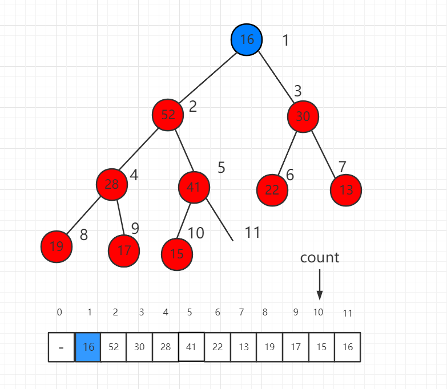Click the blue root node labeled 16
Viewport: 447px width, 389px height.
pyautogui.click(x=247, y=40)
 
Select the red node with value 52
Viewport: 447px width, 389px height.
pyautogui.click(x=168, y=115)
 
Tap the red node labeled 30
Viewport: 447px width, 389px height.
pyautogui.click(x=303, y=116)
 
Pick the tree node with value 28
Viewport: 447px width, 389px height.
pyautogui.click(x=112, y=184)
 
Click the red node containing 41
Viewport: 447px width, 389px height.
pyautogui.click(x=194, y=187)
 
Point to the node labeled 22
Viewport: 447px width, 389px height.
pyautogui.click(x=272, y=190)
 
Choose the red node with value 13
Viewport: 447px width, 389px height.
pyautogui.click(x=346, y=190)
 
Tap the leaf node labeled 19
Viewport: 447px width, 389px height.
pyautogui.click(x=57, y=247)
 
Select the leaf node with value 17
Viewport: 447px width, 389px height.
pyautogui.click(x=124, y=250)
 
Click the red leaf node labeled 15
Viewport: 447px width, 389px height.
pyautogui.click(x=177, y=254)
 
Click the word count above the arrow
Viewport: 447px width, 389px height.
pyautogui.click(x=320, y=258)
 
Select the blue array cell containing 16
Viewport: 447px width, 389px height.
pyautogui.click(x=88, y=347)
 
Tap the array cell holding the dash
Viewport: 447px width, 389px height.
pyautogui.click(x=62, y=347)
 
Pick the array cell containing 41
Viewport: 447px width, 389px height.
pyautogui.click(x=191, y=347)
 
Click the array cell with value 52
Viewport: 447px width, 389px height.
pyautogui.click(x=114, y=347)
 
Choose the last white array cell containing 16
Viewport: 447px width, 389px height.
pyautogui.click(x=348, y=347)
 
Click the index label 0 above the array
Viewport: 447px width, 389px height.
pyautogui.click(x=59, y=313)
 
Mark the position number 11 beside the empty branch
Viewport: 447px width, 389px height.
pyautogui.click(x=252, y=232)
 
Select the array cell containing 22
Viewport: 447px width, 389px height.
pyautogui.click(x=218, y=347)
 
